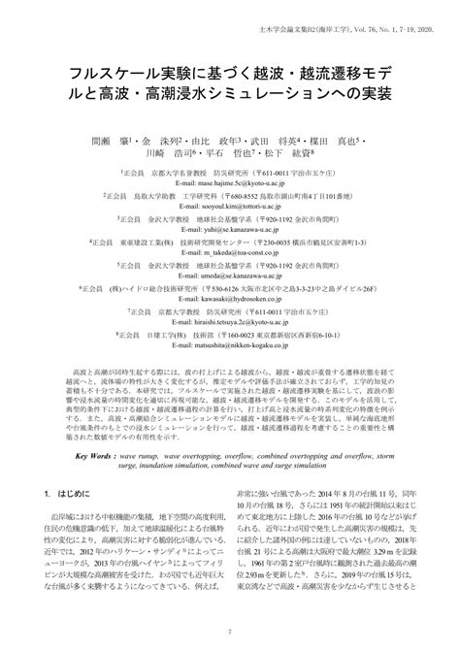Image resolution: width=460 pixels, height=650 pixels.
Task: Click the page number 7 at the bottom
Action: (230, 631)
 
